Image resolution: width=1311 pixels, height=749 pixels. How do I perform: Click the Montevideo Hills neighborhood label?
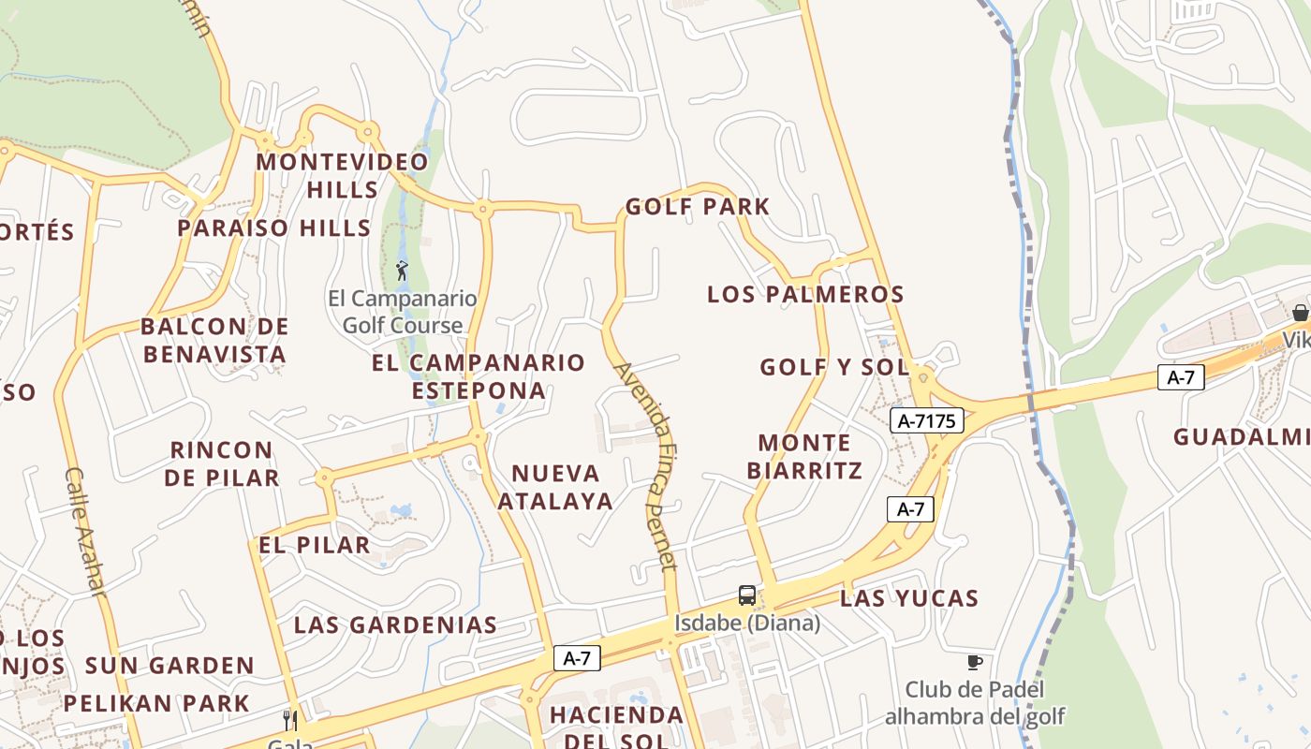(343, 175)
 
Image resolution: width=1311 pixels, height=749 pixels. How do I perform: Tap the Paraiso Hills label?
(274, 228)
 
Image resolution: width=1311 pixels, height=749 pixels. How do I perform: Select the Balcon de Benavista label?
(214, 341)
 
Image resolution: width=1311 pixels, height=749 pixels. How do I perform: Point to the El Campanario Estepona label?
(479, 376)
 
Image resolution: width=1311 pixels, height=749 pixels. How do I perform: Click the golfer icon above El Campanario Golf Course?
(403, 271)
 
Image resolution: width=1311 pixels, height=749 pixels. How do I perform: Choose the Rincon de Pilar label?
(222, 463)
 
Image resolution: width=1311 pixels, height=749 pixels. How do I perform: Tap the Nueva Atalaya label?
(555, 486)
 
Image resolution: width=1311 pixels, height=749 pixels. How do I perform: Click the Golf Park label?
(698, 207)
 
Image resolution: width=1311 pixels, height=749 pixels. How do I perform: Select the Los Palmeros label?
(805, 294)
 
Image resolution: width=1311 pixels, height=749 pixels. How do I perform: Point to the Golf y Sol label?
(834, 367)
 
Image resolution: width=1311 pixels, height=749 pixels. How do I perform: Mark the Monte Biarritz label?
(804, 456)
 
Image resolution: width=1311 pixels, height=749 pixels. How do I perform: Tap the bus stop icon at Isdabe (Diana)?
(746, 595)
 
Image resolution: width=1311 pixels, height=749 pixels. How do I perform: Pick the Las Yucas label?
(909, 598)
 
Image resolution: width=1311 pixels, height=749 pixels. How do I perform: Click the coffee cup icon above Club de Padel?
(975, 662)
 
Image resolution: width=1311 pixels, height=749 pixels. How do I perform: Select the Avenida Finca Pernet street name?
(645, 465)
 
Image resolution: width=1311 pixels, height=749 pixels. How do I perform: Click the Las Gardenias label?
(395, 625)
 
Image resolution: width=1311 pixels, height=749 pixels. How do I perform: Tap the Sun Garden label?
(169, 666)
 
